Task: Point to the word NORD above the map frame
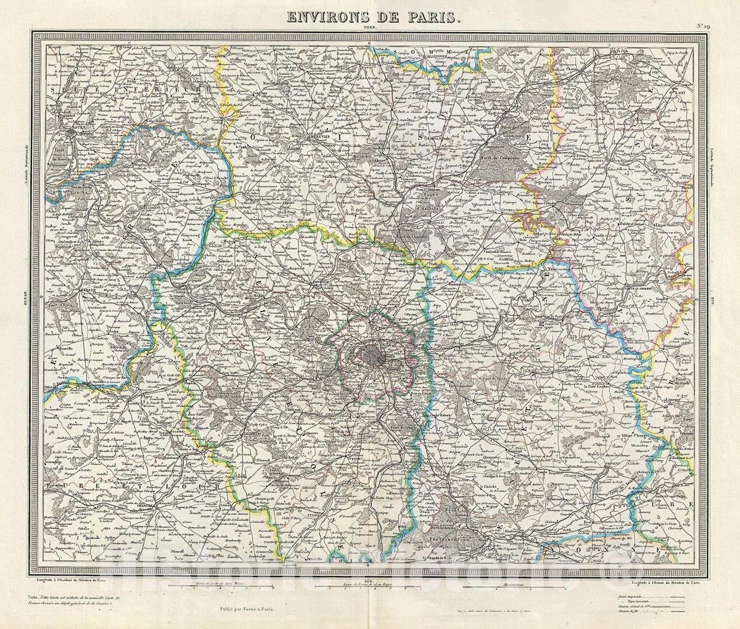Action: pyautogui.click(x=369, y=28)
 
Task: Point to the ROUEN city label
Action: pyautogui.click(x=78, y=131)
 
